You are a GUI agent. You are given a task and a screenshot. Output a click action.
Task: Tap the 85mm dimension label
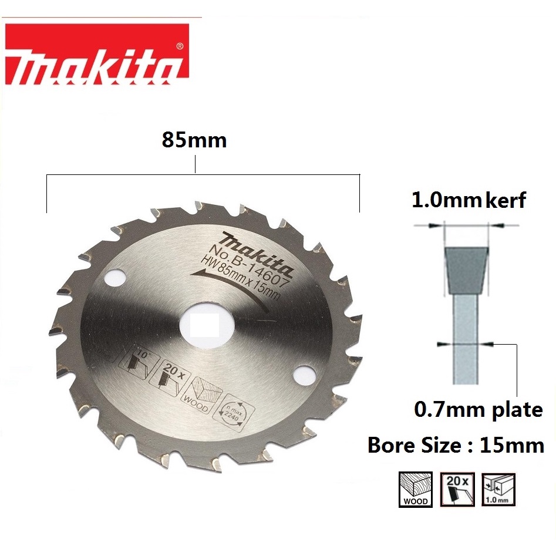194,140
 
